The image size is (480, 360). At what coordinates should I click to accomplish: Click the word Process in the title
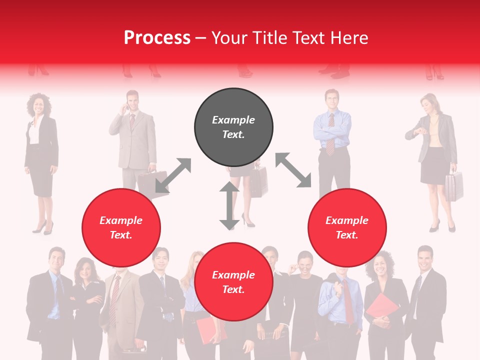coord(157,38)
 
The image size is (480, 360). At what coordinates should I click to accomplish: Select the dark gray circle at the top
coord(233,127)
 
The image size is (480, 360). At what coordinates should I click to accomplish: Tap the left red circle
coord(121,227)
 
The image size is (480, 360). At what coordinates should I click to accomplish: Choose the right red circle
coord(347,227)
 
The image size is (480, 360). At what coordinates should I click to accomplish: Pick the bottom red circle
coord(233,282)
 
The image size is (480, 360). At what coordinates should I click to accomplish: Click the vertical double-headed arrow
coord(229,205)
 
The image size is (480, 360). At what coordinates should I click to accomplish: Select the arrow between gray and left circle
coord(173,175)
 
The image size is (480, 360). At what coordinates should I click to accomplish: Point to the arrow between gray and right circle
coord(293,170)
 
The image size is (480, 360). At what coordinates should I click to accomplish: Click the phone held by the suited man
coord(127,106)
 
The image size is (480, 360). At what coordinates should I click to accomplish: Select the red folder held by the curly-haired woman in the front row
coord(382,310)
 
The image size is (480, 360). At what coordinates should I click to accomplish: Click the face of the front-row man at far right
coord(424,258)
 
